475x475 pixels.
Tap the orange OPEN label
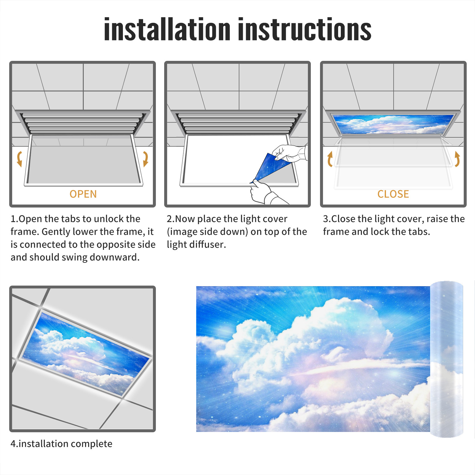tap(83, 194)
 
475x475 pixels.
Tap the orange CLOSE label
tap(393, 194)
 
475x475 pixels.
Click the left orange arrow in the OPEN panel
tap(19, 159)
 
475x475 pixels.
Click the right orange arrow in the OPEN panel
tap(145, 159)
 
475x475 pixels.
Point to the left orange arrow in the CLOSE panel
tap(330, 159)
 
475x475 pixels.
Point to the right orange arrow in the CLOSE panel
tap(457, 159)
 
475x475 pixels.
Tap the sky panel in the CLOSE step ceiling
tap(393, 124)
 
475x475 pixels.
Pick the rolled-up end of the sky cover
tap(446, 359)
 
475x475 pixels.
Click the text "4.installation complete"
tap(61, 444)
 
